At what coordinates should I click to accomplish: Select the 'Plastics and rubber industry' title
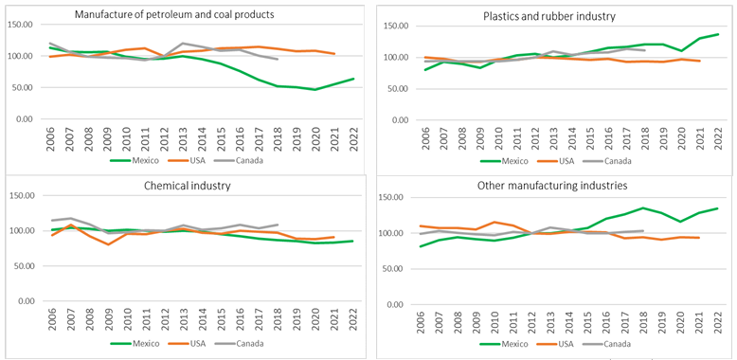pyautogui.click(x=549, y=16)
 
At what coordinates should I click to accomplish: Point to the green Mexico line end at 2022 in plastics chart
pyautogui.click(x=718, y=34)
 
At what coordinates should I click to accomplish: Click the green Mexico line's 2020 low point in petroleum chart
pyautogui.click(x=315, y=90)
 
